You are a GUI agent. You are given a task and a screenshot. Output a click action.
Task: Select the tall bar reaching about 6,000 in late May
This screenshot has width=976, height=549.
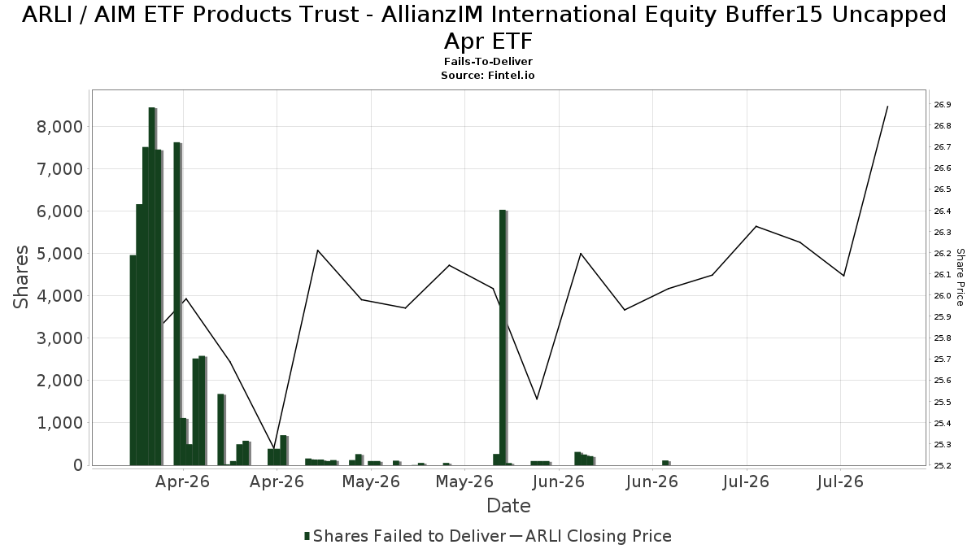pos(503,338)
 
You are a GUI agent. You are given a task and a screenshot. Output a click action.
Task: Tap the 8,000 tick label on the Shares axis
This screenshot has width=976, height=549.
pos(59,127)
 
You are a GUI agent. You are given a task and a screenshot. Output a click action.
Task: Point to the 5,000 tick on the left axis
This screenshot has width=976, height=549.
pos(59,254)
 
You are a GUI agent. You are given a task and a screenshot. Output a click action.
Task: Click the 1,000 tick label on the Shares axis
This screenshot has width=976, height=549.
pos(59,423)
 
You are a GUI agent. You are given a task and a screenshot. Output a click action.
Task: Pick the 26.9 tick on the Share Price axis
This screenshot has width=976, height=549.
pos(943,105)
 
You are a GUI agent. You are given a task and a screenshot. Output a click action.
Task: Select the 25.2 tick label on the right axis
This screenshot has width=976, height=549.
pos(943,465)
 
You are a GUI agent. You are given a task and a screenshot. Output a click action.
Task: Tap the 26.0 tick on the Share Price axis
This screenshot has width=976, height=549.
pos(943,296)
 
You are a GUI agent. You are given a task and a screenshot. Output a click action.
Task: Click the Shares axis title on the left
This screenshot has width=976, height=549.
pos(20,277)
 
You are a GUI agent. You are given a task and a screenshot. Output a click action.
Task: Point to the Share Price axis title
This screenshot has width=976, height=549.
pos(960,277)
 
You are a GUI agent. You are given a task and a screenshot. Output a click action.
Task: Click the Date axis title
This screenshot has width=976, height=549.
pos(508,506)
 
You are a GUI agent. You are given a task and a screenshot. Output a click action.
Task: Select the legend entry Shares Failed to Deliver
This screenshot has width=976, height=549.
pos(405,536)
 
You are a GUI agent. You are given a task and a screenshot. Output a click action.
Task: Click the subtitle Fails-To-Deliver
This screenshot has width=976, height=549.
pos(488,62)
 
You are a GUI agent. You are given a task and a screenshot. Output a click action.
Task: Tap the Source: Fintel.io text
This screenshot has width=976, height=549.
pos(488,76)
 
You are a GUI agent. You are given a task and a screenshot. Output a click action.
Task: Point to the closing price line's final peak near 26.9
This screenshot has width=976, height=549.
pos(888,107)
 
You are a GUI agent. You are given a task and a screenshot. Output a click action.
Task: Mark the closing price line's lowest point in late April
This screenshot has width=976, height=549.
pos(274,447)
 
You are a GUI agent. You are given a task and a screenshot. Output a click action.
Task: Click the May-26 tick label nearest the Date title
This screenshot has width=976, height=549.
pos(464,481)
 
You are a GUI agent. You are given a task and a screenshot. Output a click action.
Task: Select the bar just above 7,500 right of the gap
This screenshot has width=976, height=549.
pos(176,303)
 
